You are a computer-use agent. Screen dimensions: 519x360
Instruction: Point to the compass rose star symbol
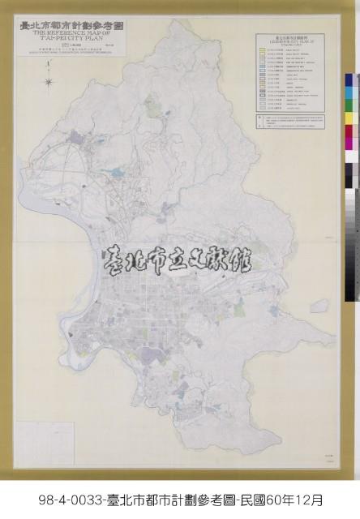tap(49, 81)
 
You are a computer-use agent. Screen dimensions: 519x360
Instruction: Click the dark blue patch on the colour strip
tap(349, 80)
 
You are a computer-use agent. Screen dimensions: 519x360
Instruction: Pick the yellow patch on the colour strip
tap(349, 118)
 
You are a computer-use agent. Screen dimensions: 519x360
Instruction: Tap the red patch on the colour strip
tap(349, 131)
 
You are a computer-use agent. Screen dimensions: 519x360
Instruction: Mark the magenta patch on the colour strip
tap(349, 144)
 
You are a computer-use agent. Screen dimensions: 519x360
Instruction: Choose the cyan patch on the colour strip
tap(349, 92)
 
